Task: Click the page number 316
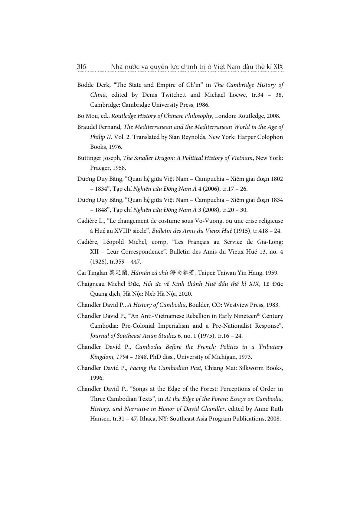[x=82, y=66]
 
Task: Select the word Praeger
[x=100, y=168]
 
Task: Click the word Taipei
[x=207, y=273]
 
